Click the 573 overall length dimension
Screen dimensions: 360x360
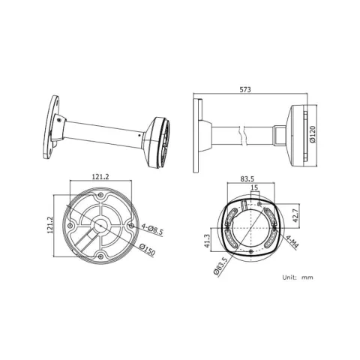click(245, 89)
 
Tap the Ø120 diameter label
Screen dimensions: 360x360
click(313, 134)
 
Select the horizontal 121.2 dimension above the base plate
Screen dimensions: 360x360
click(100, 177)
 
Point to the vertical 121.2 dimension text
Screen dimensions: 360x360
click(50, 225)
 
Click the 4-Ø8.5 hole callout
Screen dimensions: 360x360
click(152, 229)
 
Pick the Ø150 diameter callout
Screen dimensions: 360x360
click(148, 250)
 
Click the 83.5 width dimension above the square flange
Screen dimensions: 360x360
click(247, 179)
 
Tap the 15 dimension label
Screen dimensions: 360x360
click(254, 187)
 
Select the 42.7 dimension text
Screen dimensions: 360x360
click(296, 216)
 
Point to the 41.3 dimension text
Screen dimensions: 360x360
click(207, 241)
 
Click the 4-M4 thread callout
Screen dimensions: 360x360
click(292, 241)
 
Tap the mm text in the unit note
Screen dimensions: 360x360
click(307, 277)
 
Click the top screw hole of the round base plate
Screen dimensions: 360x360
click(100, 195)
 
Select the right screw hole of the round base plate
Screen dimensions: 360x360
click(131, 226)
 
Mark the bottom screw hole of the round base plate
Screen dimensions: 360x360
click(100, 256)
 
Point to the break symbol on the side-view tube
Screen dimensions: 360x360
click(241, 136)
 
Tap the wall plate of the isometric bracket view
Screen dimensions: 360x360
click(51, 127)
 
